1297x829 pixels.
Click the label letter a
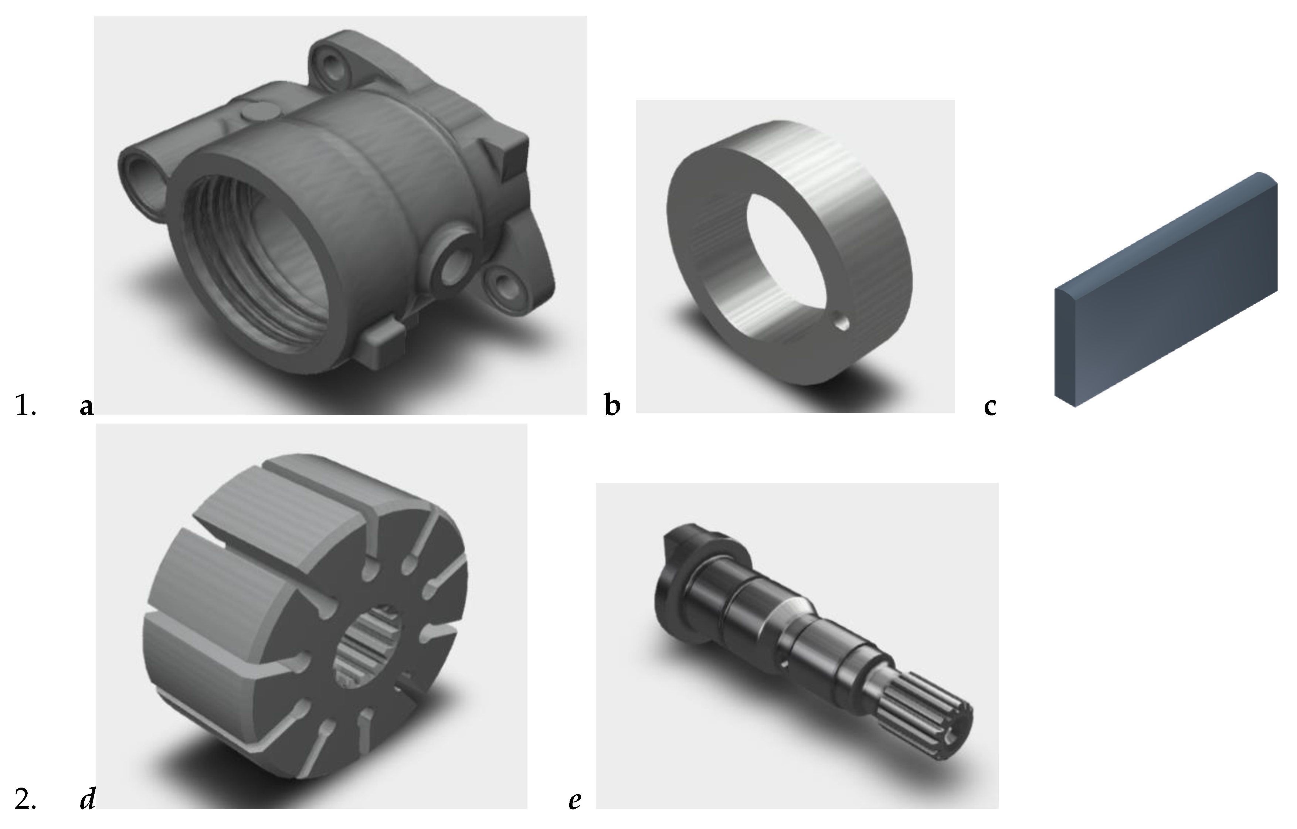pos(86,407)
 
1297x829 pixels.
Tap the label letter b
pos(612,405)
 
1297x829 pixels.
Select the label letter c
pos(990,407)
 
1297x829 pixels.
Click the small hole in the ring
pos(841,323)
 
